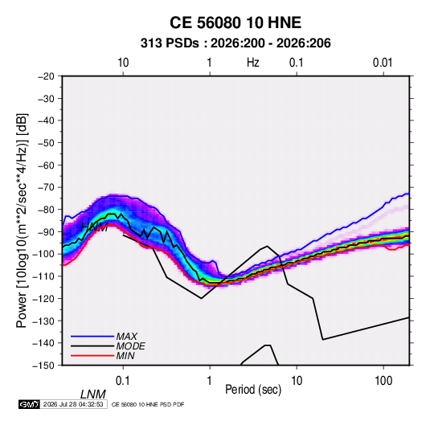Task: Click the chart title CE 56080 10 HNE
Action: click(235, 22)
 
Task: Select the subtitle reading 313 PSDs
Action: click(170, 43)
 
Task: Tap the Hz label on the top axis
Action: click(252, 63)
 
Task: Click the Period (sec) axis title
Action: click(253, 390)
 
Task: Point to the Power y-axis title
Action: click(22, 220)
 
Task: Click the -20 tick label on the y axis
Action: click(46, 76)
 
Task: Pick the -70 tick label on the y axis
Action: click(46, 187)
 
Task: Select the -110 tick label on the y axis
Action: click(43, 276)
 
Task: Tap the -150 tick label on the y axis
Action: click(43, 366)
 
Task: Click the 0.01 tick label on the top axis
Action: click(383, 63)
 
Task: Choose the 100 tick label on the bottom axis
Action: click(383, 381)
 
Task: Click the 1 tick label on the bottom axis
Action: click(210, 381)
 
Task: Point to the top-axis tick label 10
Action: click(123, 63)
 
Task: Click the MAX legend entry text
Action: click(126, 337)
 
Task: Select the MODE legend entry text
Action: click(130, 346)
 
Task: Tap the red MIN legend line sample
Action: click(92, 356)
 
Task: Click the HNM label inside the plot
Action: click(95, 227)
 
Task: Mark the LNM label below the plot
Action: click(93, 394)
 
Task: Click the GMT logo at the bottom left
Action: click(29, 404)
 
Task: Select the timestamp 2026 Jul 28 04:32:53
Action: click(73, 404)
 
